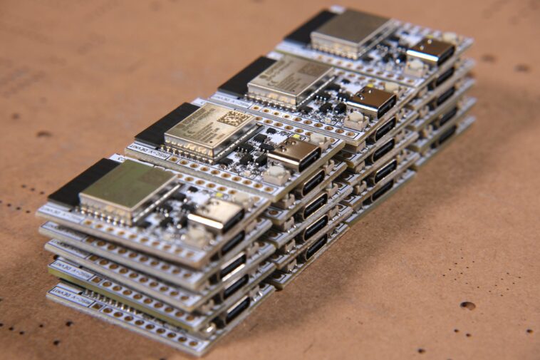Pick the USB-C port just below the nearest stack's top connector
tap(233, 242)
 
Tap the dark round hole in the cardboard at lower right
tap(467, 305)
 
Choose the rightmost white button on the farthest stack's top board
tap(450, 37)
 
